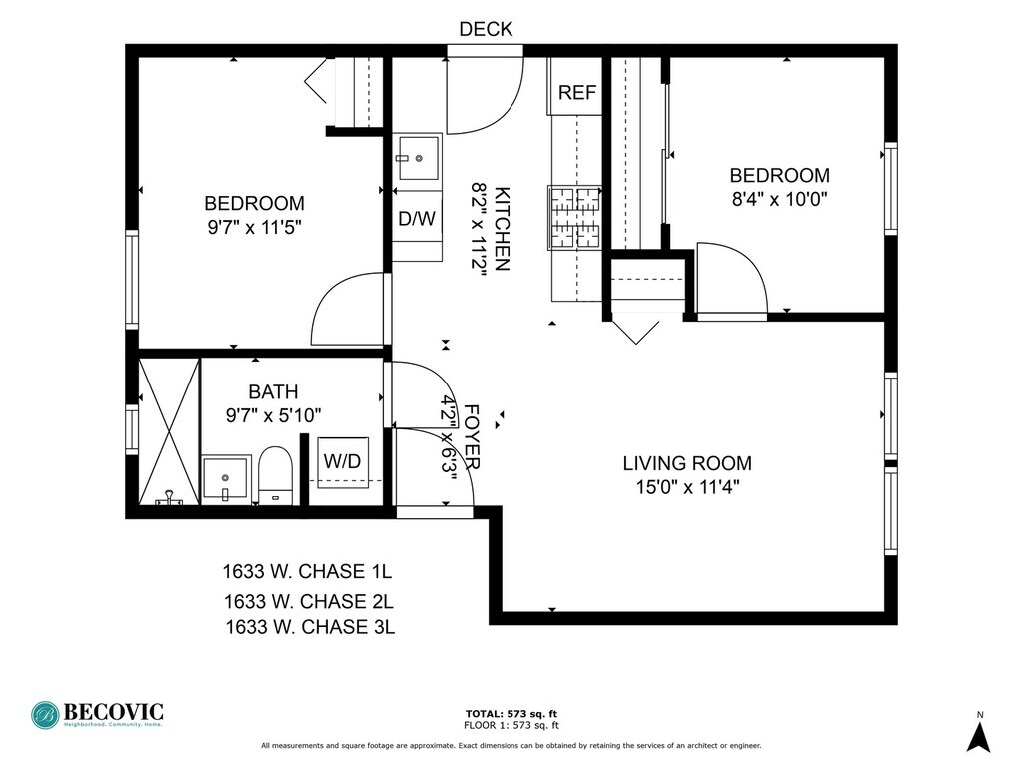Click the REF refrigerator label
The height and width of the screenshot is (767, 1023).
[577, 93]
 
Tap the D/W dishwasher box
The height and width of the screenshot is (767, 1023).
[417, 218]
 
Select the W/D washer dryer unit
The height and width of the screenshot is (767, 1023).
[343, 462]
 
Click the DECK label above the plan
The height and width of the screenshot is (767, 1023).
[487, 29]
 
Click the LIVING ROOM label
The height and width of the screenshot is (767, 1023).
[687, 463]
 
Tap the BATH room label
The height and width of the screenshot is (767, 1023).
[273, 391]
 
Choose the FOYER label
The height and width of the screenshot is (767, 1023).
[472, 437]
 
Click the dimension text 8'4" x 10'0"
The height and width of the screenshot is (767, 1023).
[779, 199]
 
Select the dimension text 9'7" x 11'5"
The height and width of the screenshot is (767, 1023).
[255, 227]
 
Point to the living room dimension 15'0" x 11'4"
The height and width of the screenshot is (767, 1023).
[687, 487]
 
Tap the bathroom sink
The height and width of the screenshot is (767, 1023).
[226, 479]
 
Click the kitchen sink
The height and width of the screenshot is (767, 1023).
[418, 157]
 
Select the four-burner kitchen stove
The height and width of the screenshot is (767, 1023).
[574, 217]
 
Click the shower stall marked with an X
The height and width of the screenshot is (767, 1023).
[169, 431]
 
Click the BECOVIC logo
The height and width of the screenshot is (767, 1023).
[97, 715]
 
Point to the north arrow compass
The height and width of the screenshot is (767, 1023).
[979, 733]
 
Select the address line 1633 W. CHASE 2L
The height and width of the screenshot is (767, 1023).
[309, 601]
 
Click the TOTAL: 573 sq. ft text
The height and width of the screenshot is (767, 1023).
[511, 713]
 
